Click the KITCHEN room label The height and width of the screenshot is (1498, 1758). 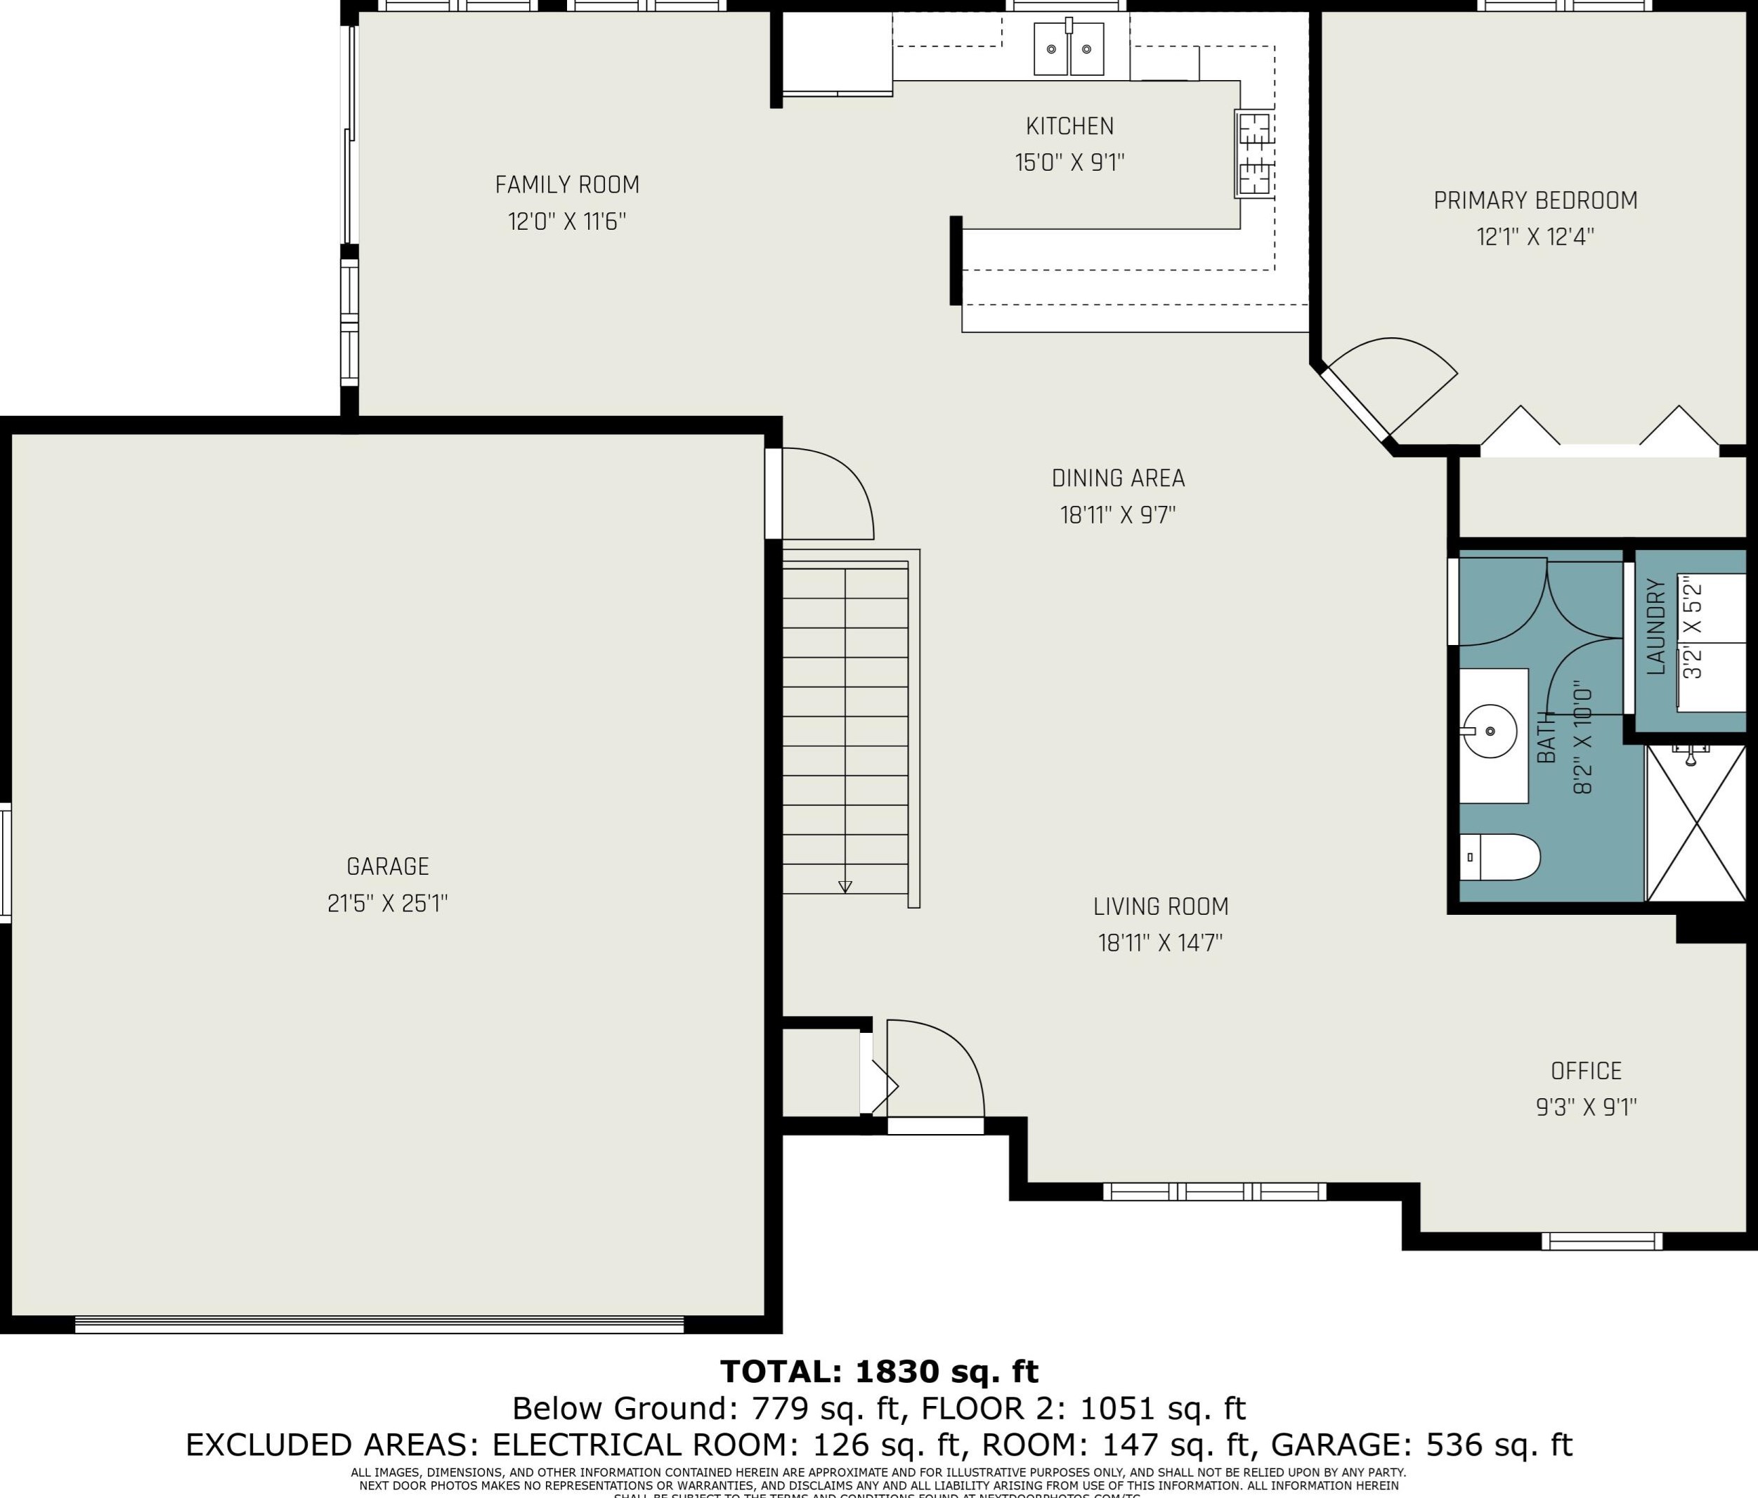1069,126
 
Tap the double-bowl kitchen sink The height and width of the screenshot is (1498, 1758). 1068,49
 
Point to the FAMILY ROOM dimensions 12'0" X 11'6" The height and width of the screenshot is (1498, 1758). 567,221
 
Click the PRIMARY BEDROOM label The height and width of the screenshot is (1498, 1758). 1535,201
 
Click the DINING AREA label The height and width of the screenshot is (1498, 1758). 1117,478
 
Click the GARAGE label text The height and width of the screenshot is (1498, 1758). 388,866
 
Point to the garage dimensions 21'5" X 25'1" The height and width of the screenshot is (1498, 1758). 388,904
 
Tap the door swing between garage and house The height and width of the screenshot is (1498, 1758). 827,494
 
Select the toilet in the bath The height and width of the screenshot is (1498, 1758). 1500,857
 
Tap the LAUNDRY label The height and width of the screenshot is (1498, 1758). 1655,627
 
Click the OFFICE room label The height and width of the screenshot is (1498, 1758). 1586,1071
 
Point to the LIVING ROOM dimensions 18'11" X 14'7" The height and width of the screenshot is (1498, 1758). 1160,943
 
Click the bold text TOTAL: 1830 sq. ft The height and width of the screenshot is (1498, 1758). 879,1372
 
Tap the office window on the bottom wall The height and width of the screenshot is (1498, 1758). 1601,1241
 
